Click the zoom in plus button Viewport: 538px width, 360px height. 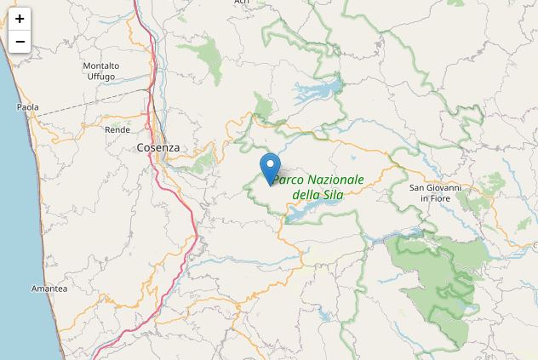click(19, 19)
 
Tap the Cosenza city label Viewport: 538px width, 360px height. click(158, 147)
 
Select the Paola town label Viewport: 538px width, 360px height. click(27, 107)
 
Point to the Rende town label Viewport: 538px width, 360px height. click(117, 129)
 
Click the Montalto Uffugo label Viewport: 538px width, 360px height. click(100, 71)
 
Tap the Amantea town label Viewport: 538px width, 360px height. click(49, 289)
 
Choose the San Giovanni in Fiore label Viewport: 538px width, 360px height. click(435, 192)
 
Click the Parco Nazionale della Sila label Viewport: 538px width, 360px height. click(318, 186)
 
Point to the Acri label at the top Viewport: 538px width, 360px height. click(242, 3)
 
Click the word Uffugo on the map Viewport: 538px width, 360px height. click(100, 77)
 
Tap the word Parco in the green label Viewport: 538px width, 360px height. click(288, 180)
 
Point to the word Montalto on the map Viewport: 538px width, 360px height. click(100, 66)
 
